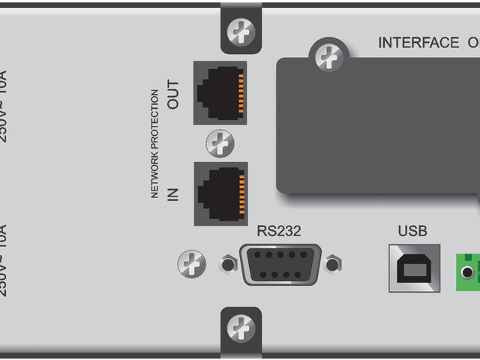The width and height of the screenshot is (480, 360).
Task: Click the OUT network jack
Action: [220, 93]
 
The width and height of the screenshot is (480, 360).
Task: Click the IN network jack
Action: [220, 193]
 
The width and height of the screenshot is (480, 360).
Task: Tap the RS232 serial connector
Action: [281, 264]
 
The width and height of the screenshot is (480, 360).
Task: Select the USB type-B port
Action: [414, 267]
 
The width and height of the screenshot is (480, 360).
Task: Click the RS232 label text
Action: [279, 230]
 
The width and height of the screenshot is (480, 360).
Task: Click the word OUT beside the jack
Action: [173, 94]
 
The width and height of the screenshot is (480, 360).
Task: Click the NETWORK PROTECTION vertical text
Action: [154, 143]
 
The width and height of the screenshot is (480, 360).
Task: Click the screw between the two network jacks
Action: [220, 143]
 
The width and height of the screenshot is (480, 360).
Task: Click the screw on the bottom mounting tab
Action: [241, 327]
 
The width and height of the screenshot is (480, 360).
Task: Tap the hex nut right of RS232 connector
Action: [333, 264]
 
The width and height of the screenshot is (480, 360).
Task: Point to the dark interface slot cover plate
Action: [375, 127]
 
